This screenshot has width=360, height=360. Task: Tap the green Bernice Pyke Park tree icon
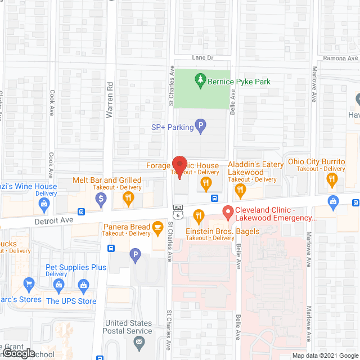200,82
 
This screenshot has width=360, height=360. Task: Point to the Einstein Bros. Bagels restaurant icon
198,215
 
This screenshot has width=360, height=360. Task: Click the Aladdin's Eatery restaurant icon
241,191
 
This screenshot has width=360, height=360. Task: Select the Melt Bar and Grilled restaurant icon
128,197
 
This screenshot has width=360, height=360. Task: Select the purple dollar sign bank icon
101,197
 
